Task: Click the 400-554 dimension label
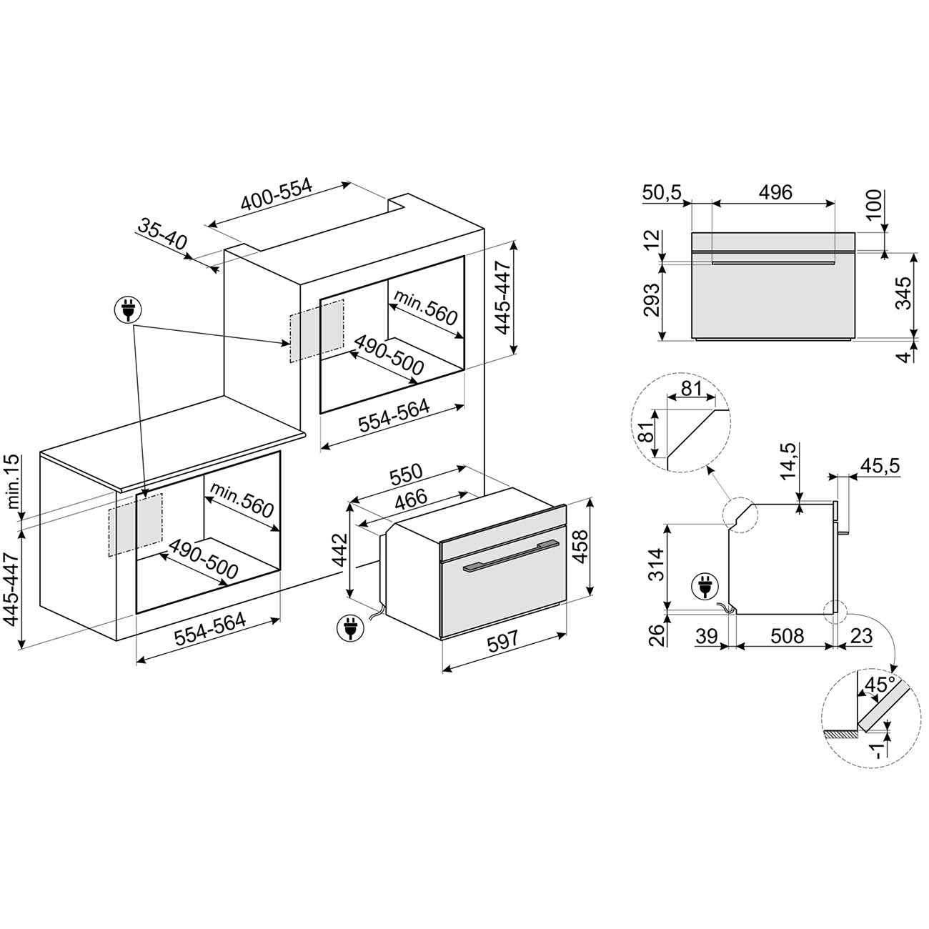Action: [277, 195]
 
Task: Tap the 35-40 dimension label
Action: [162, 234]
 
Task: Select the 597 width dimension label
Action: [502, 641]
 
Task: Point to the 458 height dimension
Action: [582, 546]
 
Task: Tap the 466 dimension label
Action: [411, 500]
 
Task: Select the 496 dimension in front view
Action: [775, 192]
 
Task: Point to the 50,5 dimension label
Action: [662, 193]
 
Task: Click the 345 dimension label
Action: [903, 292]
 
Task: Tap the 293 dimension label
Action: [651, 299]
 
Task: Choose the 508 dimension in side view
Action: [788, 636]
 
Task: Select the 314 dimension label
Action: [656, 565]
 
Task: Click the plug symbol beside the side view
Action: [705, 587]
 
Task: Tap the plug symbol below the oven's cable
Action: [351, 628]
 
